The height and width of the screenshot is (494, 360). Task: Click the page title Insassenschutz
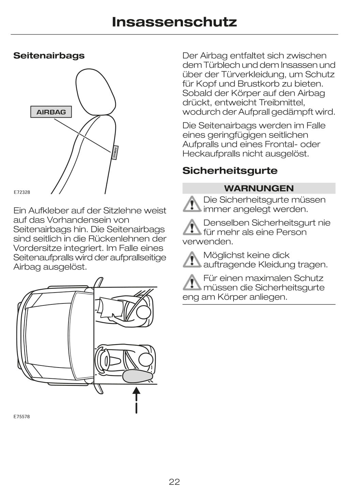(174, 22)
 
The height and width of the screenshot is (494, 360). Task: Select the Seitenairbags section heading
(49, 56)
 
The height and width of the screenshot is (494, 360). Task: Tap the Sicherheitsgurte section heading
(230, 170)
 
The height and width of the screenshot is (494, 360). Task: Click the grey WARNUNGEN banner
(259, 188)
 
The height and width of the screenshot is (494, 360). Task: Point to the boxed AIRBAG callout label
(51, 112)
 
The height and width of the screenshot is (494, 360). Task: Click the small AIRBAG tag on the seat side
(115, 152)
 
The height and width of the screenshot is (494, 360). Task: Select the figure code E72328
(22, 192)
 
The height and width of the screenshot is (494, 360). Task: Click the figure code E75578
(22, 417)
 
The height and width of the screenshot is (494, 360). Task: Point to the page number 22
(174, 482)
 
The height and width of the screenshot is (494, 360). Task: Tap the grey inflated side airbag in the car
(137, 376)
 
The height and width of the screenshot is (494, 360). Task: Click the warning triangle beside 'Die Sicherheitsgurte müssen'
(192, 204)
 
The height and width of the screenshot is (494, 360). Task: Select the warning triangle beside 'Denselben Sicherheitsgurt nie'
(192, 227)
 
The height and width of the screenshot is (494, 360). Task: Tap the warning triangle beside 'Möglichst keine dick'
(192, 259)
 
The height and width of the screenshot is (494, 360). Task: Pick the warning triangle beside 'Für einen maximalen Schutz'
(192, 282)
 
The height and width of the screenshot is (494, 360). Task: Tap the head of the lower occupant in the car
(146, 359)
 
